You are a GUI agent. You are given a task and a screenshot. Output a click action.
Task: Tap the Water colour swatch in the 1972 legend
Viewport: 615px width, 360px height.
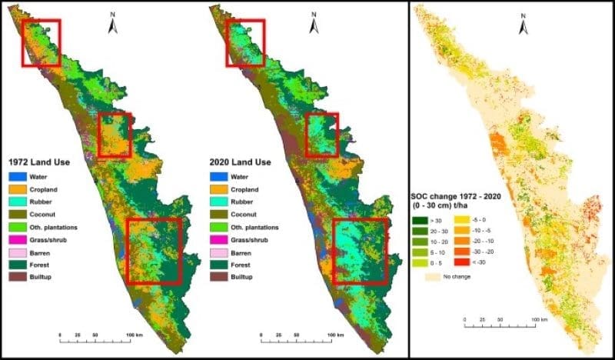pos(18,178)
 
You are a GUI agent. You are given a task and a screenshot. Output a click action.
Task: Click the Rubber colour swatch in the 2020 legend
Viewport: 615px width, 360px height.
pos(219,202)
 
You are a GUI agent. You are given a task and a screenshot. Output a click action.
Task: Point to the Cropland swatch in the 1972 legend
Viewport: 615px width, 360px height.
pos(18,190)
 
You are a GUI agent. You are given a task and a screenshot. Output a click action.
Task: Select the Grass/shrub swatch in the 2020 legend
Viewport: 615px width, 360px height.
pos(219,239)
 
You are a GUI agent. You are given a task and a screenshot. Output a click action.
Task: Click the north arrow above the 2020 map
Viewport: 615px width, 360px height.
pos(313,25)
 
